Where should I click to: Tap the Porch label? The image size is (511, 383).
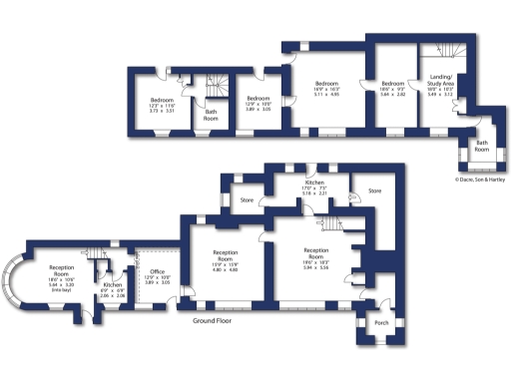[x=381, y=323]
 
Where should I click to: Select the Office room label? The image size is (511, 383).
[x=157, y=271]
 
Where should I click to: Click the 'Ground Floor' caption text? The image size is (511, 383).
[x=218, y=321]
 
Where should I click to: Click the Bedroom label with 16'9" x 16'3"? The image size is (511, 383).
[x=328, y=83]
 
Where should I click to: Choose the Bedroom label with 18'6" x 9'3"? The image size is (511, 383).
[x=392, y=83]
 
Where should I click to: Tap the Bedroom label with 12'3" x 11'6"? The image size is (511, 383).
[x=163, y=101]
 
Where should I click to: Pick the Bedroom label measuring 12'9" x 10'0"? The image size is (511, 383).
[x=258, y=98]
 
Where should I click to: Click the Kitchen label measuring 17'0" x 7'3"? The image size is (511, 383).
[x=315, y=184]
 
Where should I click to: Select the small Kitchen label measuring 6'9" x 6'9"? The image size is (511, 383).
[x=112, y=285]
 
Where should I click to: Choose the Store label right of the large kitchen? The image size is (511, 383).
[x=374, y=190]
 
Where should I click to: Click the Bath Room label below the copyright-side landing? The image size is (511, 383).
[x=482, y=145]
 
